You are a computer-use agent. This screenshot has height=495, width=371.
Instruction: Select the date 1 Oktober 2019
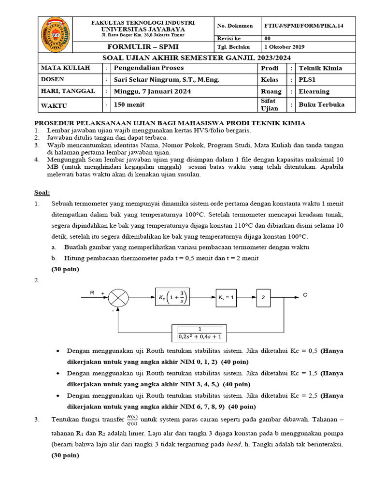pyautogui.click(x=285, y=47)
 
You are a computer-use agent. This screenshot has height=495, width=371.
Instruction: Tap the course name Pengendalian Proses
pyautogui.click(x=143, y=68)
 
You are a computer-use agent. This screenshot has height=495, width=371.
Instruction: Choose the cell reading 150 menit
pyautogui.click(x=129, y=104)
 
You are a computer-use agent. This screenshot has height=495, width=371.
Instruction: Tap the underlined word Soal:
pyautogui.click(x=42, y=192)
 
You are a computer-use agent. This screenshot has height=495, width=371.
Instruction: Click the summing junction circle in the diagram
pyautogui.click(x=117, y=298)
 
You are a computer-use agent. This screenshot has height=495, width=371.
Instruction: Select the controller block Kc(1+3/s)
pyautogui.click(x=172, y=298)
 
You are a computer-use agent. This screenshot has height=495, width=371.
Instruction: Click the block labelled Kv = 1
pyautogui.click(x=226, y=298)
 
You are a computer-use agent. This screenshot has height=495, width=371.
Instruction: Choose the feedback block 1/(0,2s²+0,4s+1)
pyautogui.click(x=200, y=333)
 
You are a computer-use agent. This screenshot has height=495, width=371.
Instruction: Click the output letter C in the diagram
pyautogui.click(x=305, y=293)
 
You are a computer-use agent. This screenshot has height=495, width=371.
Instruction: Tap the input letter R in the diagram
pyautogui.click(x=92, y=292)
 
